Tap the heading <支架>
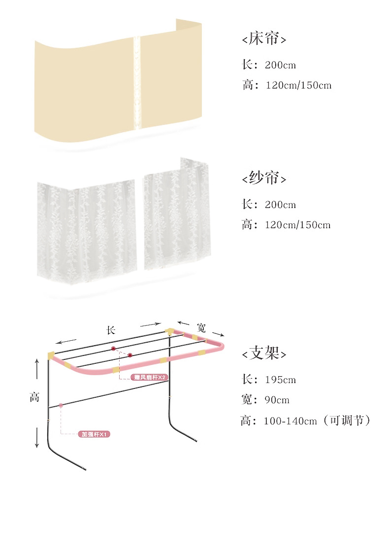tap(264, 353)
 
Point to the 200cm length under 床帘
tap(280, 65)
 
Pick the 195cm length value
tap(280, 380)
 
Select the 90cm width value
tap(277, 400)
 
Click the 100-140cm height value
tap(290, 421)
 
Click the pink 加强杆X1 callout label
tap(96, 434)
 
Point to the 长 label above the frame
tap(111, 330)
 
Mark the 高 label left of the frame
tap(34, 397)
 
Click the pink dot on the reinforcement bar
tap(61, 405)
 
